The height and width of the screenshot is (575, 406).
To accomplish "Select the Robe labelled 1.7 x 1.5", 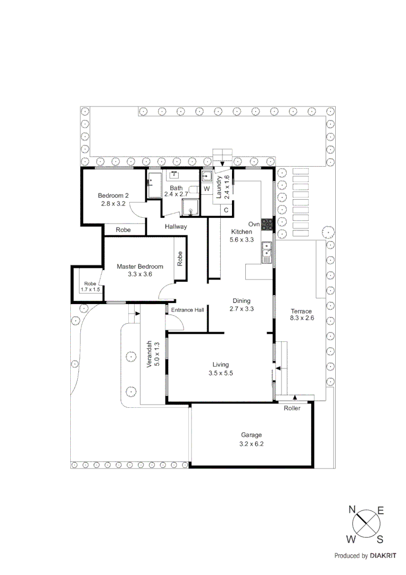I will point(90,286).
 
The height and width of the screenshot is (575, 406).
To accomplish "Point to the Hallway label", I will point(176,227).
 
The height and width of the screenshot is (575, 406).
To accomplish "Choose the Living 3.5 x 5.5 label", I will point(220,368).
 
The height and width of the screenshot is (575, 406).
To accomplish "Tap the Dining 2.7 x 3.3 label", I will point(241,305).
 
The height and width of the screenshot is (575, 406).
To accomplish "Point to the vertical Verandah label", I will point(152,355).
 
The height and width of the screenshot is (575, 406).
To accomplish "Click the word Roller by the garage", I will point(292,408).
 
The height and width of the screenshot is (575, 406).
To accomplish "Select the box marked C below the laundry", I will point(226,210).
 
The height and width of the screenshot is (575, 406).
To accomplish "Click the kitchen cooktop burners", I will point(267,225).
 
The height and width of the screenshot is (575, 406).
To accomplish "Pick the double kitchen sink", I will point(267,251).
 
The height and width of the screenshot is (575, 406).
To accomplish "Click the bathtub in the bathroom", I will point(154,184).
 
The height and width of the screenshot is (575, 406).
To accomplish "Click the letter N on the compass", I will point(352,510).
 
